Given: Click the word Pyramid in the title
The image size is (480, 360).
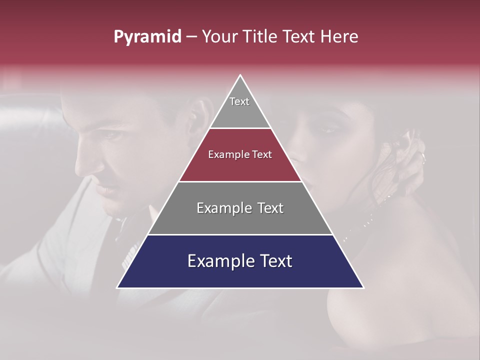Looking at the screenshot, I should point(147,37).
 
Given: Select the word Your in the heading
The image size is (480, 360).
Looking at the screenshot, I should point(220,37).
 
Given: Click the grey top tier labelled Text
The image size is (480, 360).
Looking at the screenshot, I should point(239,107).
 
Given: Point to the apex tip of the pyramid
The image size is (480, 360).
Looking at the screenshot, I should point(240,76).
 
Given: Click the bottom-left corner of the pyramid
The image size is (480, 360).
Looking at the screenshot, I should point(118,287).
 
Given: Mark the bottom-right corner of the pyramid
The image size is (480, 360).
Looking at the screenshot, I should point(363,287).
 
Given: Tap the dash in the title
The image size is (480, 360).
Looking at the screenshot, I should point(191,37).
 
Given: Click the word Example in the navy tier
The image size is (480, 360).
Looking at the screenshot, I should point(217,261).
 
